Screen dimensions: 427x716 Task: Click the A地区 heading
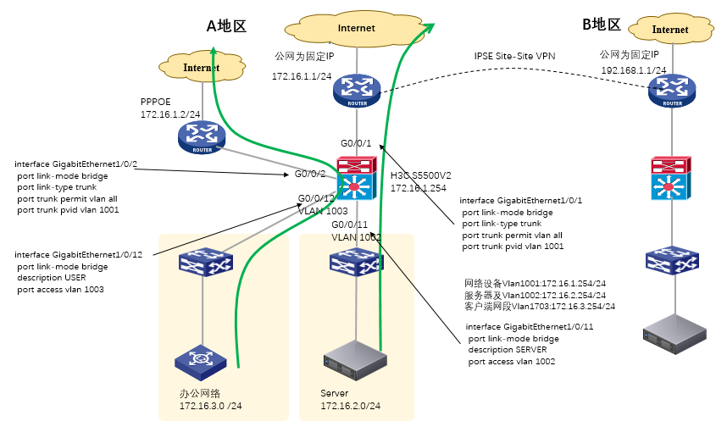tap(226, 25)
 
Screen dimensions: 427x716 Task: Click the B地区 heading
tap(602, 25)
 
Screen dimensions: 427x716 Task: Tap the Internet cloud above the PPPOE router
tap(201, 67)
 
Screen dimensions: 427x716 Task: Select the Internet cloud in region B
tap(670, 30)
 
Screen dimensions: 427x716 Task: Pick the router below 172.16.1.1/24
tap(357, 91)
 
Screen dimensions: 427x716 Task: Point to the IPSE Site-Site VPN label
tap(514, 55)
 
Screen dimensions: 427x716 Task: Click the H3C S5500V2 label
tap(420, 175)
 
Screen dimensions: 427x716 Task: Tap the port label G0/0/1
tap(356, 144)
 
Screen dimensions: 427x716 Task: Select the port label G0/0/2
tap(310, 174)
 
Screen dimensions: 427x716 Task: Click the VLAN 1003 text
tap(325, 211)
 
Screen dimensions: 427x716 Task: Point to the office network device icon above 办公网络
tap(201, 360)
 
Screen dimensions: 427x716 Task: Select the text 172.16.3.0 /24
tap(210, 407)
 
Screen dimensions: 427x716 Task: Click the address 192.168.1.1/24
tap(634, 70)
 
